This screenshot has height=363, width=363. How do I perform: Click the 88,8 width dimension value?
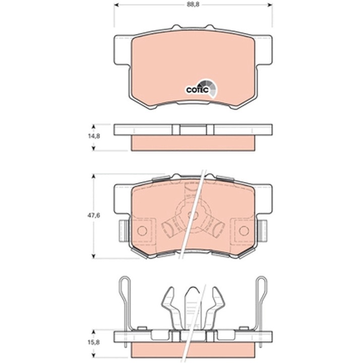193,5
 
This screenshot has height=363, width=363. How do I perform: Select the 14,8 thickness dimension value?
94,136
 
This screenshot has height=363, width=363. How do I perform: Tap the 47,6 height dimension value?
94,216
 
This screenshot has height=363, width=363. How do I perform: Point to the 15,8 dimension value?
94,342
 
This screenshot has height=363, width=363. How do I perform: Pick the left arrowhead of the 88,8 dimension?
116,5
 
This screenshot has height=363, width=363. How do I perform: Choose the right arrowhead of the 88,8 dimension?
270,5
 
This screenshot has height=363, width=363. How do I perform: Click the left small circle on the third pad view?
142,230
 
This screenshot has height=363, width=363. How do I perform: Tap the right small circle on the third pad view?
244,230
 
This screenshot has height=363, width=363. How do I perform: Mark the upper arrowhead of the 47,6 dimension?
94,176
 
